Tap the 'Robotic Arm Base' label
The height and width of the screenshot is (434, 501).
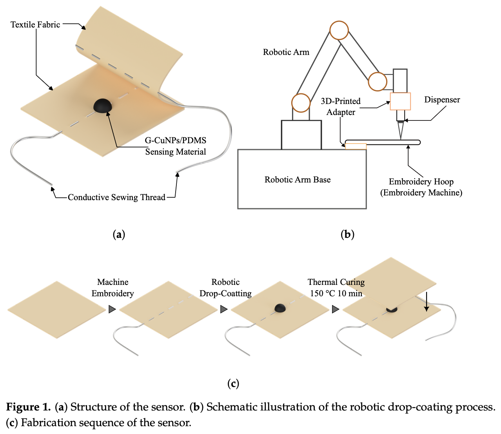point(298,180)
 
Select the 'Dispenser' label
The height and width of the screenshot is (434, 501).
point(442,100)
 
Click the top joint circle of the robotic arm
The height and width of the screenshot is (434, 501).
point(339,30)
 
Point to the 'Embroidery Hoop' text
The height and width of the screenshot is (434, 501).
point(421,182)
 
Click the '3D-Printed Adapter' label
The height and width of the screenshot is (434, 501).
point(341,106)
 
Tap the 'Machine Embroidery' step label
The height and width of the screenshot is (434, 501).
point(113,288)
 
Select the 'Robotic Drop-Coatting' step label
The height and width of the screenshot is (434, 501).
point(225,288)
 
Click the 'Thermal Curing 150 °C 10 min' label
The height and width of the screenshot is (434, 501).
point(336,288)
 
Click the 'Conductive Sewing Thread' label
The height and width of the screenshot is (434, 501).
point(116,197)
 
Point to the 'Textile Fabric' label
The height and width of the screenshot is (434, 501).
point(35,25)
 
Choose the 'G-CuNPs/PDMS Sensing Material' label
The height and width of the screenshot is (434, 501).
point(176,146)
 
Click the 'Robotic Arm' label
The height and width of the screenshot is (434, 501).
point(286,52)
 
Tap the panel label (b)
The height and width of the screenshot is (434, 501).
point(347,235)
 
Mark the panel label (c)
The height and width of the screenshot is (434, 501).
point(233,383)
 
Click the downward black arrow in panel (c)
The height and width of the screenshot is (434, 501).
point(427,304)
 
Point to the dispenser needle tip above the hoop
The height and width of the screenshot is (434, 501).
point(401,137)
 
